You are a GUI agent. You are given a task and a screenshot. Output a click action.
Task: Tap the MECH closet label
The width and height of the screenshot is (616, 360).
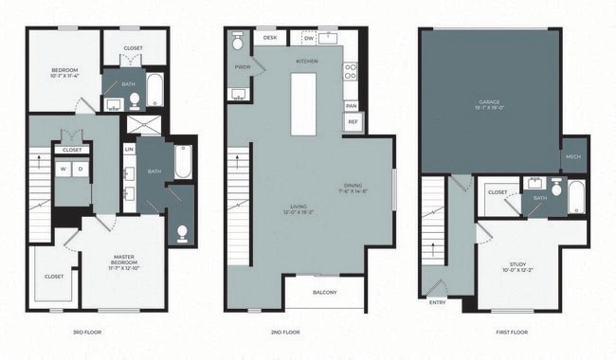pyautogui.click(x=572, y=157)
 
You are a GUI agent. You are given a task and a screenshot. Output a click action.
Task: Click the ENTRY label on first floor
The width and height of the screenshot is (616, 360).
pyautogui.click(x=437, y=302)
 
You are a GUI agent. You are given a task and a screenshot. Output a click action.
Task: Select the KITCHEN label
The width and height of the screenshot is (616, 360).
pyautogui.click(x=306, y=62)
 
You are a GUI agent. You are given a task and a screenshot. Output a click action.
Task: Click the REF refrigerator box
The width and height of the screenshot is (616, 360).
pyautogui.click(x=353, y=121)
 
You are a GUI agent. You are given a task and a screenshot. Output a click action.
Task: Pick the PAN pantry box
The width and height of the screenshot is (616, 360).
pyautogui.click(x=351, y=105)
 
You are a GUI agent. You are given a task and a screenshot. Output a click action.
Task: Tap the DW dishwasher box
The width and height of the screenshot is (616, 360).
pyautogui.click(x=308, y=38)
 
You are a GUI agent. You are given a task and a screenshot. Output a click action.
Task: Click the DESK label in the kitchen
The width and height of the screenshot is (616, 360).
pyautogui.click(x=270, y=38)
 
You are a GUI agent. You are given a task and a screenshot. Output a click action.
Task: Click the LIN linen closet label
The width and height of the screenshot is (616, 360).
pyautogui.click(x=128, y=149)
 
